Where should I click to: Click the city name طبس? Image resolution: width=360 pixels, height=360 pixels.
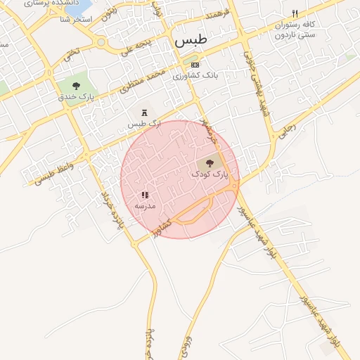[x=190, y=42]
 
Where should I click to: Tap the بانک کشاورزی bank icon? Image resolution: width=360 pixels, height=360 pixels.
[x=195, y=65]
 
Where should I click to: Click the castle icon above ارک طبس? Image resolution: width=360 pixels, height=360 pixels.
[x=145, y=113]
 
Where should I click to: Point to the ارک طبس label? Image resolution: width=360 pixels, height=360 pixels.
[x=144, y=124]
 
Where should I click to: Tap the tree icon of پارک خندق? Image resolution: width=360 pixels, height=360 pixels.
[x=76, y=85]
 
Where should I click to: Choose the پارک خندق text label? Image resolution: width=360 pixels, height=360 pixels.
[x=77, y=96]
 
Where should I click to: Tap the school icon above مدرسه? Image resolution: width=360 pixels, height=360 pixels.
[x=145, y=195]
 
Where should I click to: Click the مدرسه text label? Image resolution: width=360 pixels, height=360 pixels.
[x=145, y=205]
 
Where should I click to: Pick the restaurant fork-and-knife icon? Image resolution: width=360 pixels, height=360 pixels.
[x=295, y=14]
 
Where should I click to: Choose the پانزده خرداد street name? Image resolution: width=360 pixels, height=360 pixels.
[x=111, y=210]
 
